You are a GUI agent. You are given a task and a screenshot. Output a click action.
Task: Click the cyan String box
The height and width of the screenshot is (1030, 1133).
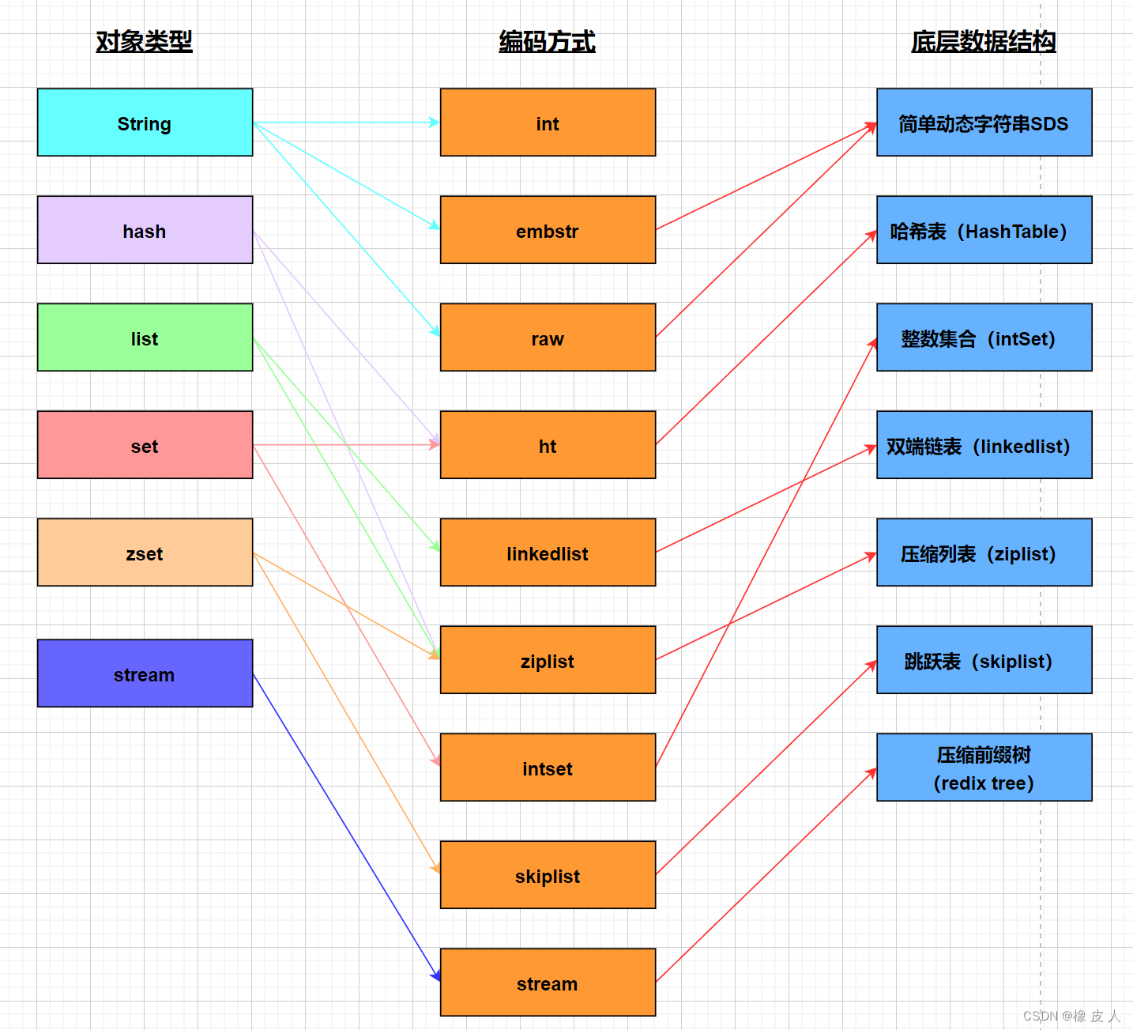[145, 123]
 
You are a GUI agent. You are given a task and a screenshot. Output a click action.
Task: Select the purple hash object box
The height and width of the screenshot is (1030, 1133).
[145, 230]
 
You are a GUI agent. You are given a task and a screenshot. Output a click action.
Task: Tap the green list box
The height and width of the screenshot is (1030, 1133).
[145, 338]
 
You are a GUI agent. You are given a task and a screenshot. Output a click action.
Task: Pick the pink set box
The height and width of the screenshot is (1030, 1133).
[145, 445]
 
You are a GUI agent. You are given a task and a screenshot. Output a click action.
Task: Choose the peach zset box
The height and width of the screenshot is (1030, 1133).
[145, 553]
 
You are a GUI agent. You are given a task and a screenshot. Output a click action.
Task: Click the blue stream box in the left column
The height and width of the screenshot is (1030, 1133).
[145, 673]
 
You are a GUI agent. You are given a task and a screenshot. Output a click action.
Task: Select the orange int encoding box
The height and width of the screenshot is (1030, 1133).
[548, 123]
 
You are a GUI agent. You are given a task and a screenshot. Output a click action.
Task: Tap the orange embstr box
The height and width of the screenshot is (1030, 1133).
[548, 230]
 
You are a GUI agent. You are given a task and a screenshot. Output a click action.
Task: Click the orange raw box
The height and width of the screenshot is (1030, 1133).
[548, 338]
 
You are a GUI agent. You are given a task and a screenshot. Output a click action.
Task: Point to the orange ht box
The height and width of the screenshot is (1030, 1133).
[548, 445]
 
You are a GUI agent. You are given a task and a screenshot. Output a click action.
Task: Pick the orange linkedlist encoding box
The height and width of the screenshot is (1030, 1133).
[548, 553]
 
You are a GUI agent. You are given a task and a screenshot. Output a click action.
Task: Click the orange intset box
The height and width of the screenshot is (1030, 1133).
[548, 768]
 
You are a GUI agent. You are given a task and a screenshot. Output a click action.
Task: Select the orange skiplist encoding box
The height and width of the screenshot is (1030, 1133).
[548, 875]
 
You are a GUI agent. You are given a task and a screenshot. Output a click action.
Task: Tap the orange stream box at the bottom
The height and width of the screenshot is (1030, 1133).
[548, 983]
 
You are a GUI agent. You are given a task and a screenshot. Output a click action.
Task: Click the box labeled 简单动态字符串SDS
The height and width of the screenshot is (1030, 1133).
[984, 123]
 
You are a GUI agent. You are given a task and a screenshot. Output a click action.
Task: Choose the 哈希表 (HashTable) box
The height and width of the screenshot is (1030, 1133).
[984, 230]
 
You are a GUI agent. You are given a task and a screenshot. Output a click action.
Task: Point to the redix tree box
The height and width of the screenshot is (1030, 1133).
[984, 768]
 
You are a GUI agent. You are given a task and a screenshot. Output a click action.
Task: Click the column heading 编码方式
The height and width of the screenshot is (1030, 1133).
[547, 41]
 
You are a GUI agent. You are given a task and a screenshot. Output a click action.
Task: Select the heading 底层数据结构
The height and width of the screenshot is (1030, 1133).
[983, 41]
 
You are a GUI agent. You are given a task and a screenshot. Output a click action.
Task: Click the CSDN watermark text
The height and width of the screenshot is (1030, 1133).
[1071, 1016]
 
